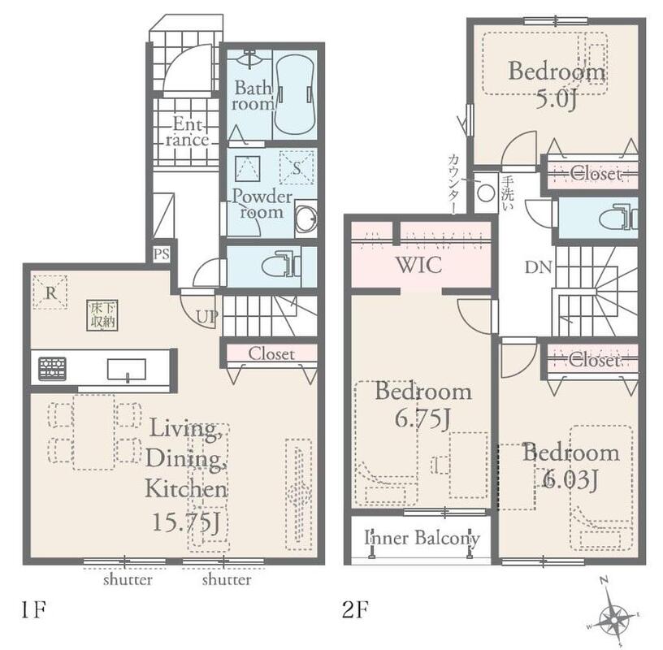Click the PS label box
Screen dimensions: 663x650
tap(161, 253)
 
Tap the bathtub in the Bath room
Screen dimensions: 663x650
tap(294, 94)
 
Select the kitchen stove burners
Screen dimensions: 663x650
tap(53, 369)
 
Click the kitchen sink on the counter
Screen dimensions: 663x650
tap(127, 370)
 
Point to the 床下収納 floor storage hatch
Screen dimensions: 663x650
tap(102, 315)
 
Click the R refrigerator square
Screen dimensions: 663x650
tap(50, 292)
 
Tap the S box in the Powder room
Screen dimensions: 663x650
tap(297, 168)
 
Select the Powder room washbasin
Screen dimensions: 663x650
tap(305, 219)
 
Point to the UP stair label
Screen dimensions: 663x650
tap(206, 316)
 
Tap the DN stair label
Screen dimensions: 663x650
tap(538, 267)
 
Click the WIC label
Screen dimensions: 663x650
tap(419, 265)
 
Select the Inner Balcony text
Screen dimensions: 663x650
tap(422, 538)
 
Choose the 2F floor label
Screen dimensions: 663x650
tap(355, 609)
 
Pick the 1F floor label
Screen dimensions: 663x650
tap(33, 609)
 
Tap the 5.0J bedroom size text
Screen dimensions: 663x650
tap(557, 100)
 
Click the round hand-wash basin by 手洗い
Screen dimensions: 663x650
tap(486, 193)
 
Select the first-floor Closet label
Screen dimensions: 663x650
tap(271, 353)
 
